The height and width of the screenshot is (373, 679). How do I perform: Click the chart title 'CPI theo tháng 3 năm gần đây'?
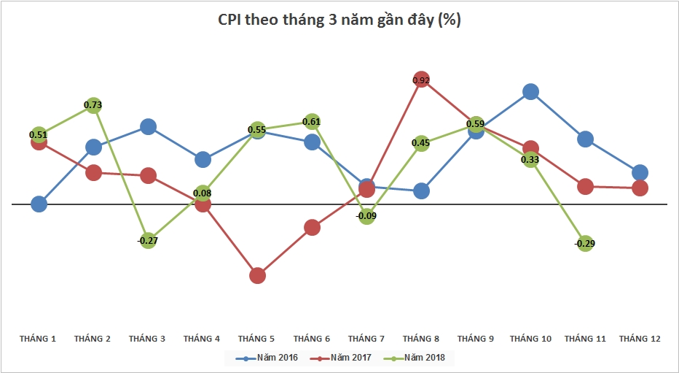click(339, 20)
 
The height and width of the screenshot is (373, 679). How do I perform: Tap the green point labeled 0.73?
click(93, 107)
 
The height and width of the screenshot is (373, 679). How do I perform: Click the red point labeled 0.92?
click(421, 80)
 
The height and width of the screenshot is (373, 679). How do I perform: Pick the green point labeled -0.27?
click(148, 239)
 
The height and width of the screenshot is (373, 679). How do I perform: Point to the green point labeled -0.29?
click(585, 243)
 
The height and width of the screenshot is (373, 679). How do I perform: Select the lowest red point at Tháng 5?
click(257, 275)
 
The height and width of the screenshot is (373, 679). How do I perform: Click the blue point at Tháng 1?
click(39, 204)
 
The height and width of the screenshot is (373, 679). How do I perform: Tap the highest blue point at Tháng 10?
click(530, 91)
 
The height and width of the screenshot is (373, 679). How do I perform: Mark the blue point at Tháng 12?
click(640, 172)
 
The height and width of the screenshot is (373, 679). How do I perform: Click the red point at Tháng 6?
click(312, 227)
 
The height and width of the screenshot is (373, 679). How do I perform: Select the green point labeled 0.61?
click(312, 122)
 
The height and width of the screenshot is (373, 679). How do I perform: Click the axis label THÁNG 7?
click(366, 339)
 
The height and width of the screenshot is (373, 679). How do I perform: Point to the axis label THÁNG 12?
click(640, 339)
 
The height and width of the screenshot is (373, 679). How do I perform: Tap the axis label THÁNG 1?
click(39, 339)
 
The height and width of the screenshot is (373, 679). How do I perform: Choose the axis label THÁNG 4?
click(203, 339)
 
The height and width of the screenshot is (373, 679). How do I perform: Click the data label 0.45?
click(421, 143)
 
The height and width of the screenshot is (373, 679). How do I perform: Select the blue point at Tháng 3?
click(148, 127)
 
